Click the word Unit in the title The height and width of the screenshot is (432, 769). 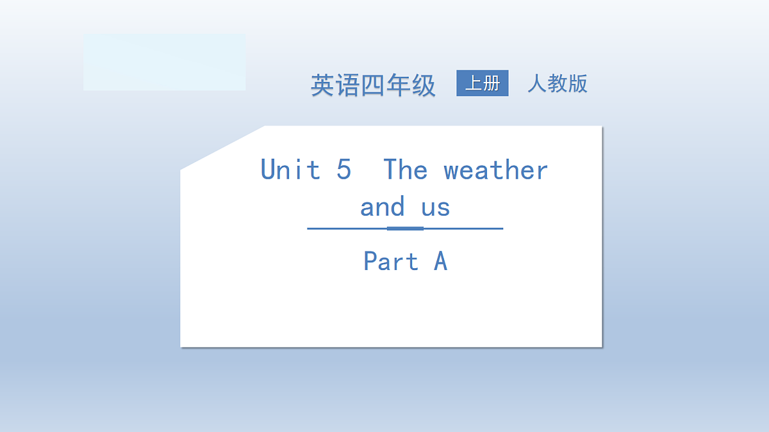290,170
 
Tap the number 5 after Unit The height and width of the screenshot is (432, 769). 343,170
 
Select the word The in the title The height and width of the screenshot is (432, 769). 405,170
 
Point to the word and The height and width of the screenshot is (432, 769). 383,207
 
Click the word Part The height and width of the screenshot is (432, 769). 391,261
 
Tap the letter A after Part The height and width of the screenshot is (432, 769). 440,261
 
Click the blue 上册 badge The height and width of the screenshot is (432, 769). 482,83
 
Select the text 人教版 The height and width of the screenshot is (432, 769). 558,84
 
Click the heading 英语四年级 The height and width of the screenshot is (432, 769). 373,85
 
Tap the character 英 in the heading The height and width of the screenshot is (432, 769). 323,85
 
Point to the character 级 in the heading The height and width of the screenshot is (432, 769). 424,85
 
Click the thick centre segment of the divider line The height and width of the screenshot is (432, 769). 405,228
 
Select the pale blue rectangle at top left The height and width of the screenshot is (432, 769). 164,62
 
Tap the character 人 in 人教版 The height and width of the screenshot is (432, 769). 537,84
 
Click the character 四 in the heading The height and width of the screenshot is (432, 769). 373,85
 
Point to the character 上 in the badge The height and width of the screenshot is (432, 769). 473,83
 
